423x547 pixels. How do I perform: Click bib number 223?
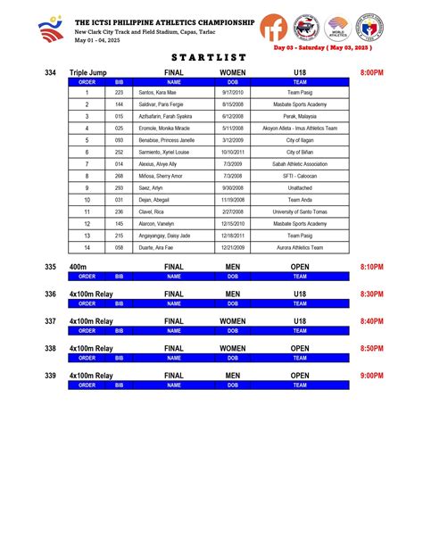click(x=120, y=93)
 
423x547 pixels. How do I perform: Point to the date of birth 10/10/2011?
click(x=232, y=153)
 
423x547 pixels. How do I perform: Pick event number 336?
click(x=50, y=294)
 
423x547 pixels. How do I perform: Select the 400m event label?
click(x=78, y=267)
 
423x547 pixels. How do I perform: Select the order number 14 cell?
click(x=87, y=248)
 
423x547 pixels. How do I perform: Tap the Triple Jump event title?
click(x=88, y=71)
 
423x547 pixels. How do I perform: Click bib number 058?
click(x=120, y=248)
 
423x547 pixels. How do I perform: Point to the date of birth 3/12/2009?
click(x=232, y=140)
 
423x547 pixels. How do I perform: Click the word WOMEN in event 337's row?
click(x=232, y=321)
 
